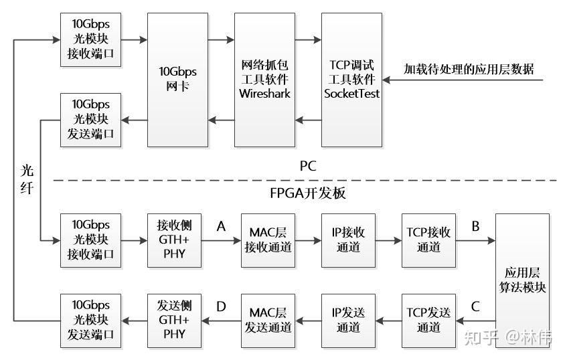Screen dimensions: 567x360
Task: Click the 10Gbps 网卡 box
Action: pyautogui.click(x=177, y=80)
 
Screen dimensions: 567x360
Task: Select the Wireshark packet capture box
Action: pyautogui.click(x=264, y=80)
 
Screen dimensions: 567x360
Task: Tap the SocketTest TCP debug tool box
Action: pyautogui.click(x=352, y=80)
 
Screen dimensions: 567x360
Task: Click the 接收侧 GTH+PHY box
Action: pyautogui.click(x=174, y=240)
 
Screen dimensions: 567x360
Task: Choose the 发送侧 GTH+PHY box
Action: pyautogui.click(x=174, y=321)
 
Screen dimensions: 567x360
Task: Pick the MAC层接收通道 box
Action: pyautogui.click(x=268, y=240)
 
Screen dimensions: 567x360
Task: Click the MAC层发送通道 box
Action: pyautogui.click(x=268, y=321)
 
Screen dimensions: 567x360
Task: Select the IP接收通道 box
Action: pyautogui.click(x=348, y=240)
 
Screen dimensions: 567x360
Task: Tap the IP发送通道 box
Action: pyautogui.click(x=348, y=321)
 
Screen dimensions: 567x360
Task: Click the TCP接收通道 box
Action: pyautogui.click(x=428, y=240)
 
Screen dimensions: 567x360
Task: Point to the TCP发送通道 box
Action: pyautogui.click(x=428, y=321)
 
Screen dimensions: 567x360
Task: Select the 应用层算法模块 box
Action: pyautogui.click(x=523, y=280)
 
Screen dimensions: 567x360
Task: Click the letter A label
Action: pyautogui.click(x=221, y=227)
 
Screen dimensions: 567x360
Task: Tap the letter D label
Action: pyautogui.click(x=221, y=307)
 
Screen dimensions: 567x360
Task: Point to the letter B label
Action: pyautogui.click(x=475, y=227)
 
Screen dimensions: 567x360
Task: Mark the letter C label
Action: pyautogui.click(x=475, y=307)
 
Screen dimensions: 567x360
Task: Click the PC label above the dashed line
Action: pyautogui.click(x=308, y=166)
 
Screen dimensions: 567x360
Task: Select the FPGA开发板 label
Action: pyautogui.click(x=308, y=193)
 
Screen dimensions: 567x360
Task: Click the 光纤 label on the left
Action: pyautogui.click(x=27, y=179)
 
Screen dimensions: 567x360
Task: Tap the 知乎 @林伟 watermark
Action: pyautogui.click(x=508, y=338)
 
